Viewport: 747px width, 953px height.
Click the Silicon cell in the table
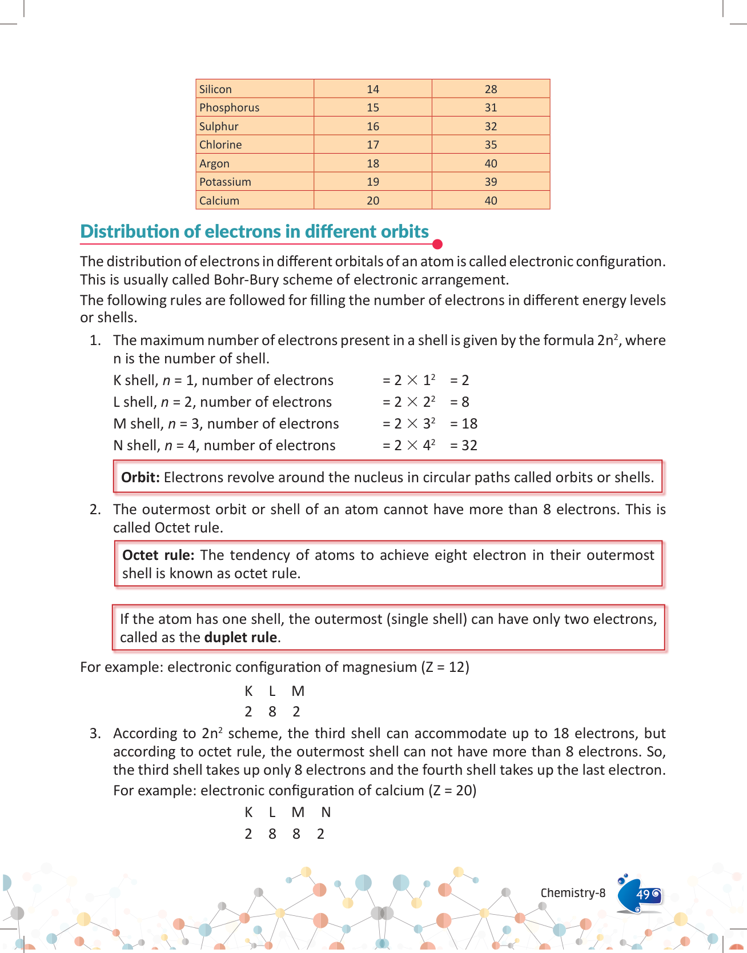(x=216, y=89)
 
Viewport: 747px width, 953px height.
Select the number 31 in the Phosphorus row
(x=491, y=107)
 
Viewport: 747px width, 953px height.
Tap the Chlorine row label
(x=220, y=145)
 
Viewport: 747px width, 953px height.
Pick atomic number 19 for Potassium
(x=373, y=182)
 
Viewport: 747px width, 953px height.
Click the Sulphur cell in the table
(x=219, y=126)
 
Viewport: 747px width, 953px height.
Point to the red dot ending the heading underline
(x=437, y=245)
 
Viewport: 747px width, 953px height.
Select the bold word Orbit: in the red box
(x=140, y=478)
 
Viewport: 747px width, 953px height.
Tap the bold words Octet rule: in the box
(x=158, y=555)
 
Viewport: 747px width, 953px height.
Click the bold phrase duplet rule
(x=240, y=638)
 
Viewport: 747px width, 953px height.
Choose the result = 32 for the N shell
(x=464, y=446)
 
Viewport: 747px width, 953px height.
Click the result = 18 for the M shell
(x=464, y=424)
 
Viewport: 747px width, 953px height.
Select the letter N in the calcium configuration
(x=326, y=812)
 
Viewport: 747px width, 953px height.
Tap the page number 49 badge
(x=643, y=894)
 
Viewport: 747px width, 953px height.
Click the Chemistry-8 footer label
(x=573, y=893)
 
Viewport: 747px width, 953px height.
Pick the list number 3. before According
(x=95, y=734)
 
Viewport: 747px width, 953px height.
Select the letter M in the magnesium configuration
(x=298, y=691)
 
